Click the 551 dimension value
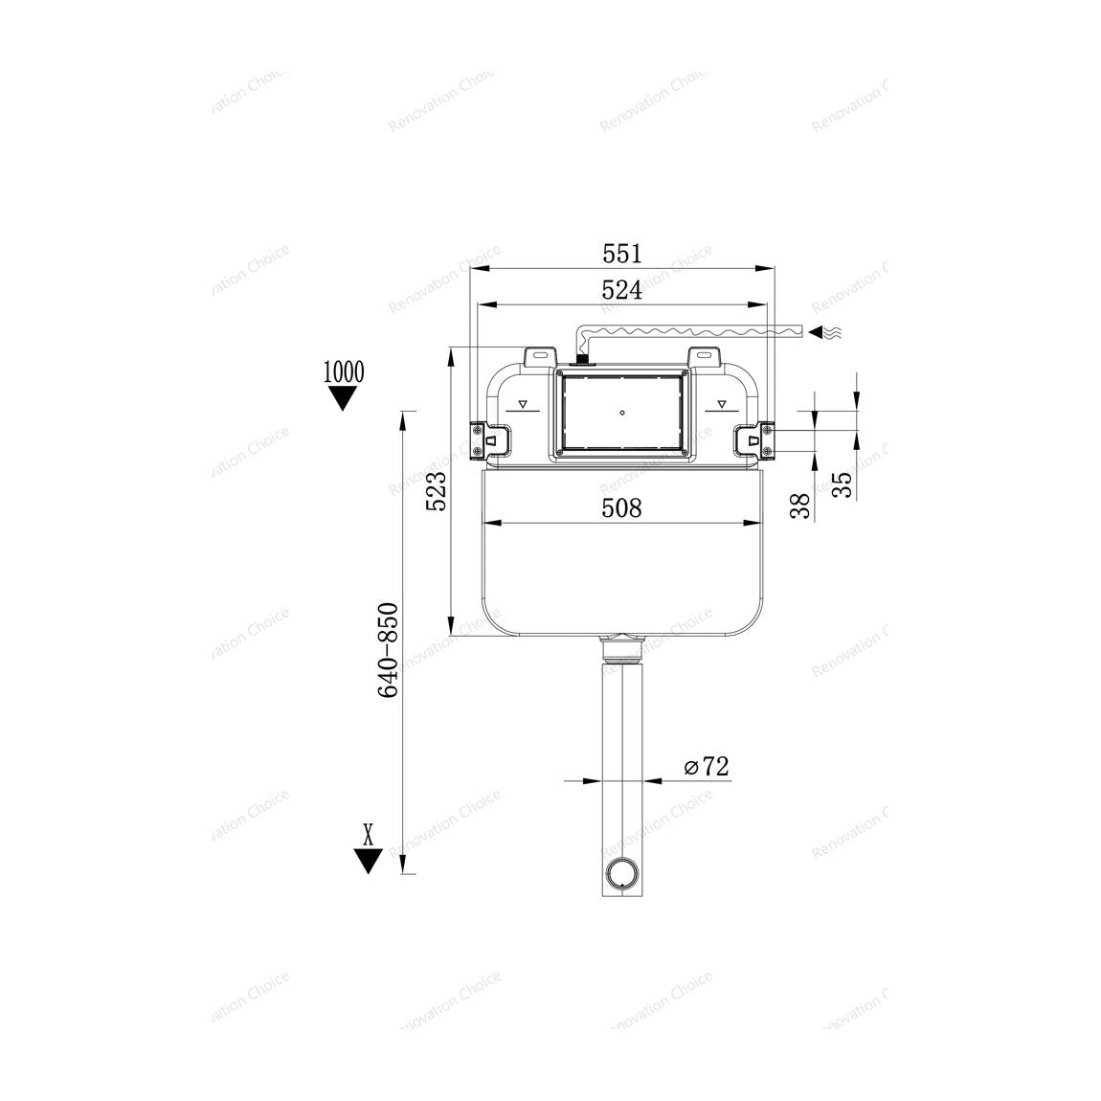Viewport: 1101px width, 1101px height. point(622,254)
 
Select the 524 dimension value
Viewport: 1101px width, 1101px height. point(622,290)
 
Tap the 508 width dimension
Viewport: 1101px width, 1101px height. point(622,507)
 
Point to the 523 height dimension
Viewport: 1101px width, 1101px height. point(437,491)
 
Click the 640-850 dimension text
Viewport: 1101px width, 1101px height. point(389,650)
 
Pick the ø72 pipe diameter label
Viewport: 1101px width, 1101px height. point(708,766)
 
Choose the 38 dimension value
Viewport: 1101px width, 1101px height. point(799,506)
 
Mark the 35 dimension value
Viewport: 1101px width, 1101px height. point(842,484)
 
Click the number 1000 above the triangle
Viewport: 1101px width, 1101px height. point(344,371)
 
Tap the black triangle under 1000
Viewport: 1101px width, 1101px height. point(344,398)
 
